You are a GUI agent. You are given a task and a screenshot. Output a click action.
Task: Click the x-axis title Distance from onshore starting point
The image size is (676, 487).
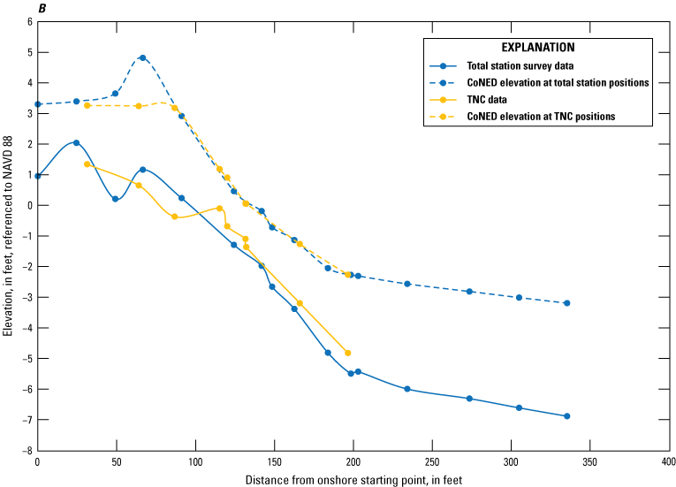352,478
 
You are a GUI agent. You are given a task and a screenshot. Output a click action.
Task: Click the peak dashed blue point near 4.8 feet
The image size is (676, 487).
142,57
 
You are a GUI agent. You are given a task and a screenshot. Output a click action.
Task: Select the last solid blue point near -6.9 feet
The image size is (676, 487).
566,416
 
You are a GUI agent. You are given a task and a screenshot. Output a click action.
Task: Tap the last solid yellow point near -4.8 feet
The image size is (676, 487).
347,353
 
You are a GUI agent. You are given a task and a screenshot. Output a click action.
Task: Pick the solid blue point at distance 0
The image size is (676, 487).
37,176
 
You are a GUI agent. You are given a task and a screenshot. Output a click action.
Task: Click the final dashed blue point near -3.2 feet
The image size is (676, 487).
566,303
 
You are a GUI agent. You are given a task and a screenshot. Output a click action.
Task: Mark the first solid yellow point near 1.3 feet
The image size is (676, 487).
87,164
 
